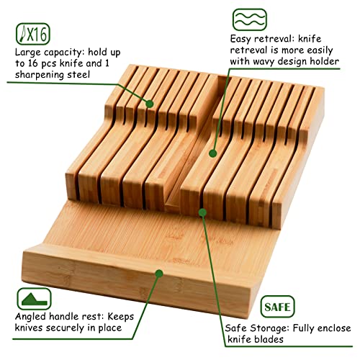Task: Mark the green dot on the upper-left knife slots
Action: coord(150,104)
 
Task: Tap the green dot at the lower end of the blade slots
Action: coord(203,212)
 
